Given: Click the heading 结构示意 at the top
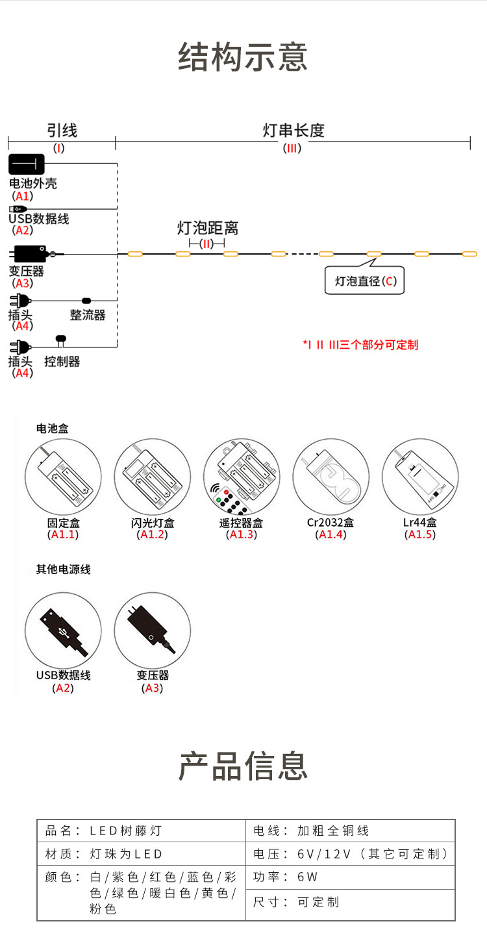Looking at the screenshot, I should point(243,57).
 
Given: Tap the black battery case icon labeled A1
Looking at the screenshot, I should point(26,164).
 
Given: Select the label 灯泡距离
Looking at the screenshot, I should point(208,228).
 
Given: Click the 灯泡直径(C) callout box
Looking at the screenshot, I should point(364,281).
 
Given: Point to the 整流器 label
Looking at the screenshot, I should point(88,315).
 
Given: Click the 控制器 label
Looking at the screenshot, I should point(62,361).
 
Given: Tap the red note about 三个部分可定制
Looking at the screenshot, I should point(360,344).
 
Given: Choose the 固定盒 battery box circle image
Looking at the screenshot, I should point(63,477).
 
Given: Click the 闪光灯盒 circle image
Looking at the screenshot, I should point(153,477).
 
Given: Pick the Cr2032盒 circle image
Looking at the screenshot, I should point(331,477).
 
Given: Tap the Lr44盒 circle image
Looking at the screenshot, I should point(420,477).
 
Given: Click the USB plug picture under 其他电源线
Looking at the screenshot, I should point(63,630).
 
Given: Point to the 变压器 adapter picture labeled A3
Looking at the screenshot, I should point(153,630).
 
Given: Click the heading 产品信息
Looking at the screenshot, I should point(243,766).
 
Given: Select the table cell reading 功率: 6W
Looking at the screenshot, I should point(351,877).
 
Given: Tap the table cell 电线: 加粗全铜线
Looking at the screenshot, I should point(351,831).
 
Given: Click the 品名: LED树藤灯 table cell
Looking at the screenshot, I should point(142,831).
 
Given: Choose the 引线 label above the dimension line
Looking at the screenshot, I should point(62,131).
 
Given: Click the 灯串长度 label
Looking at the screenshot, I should point(293,131).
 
